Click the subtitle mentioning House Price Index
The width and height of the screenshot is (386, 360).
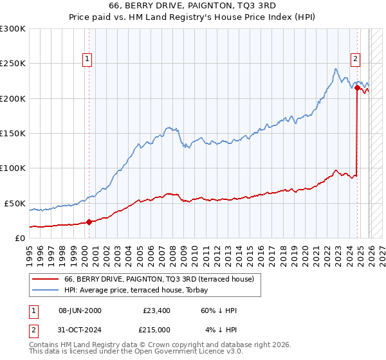(192, 17)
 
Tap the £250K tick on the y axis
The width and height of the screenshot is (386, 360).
(13, 64)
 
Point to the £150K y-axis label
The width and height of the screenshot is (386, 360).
(13, 133)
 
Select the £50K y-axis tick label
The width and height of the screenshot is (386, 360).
(15, 203)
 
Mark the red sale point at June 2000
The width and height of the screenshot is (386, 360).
(89, 222)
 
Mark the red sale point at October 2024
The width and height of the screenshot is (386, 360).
(357, 88)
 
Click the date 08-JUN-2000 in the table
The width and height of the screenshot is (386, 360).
(80, 310)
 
